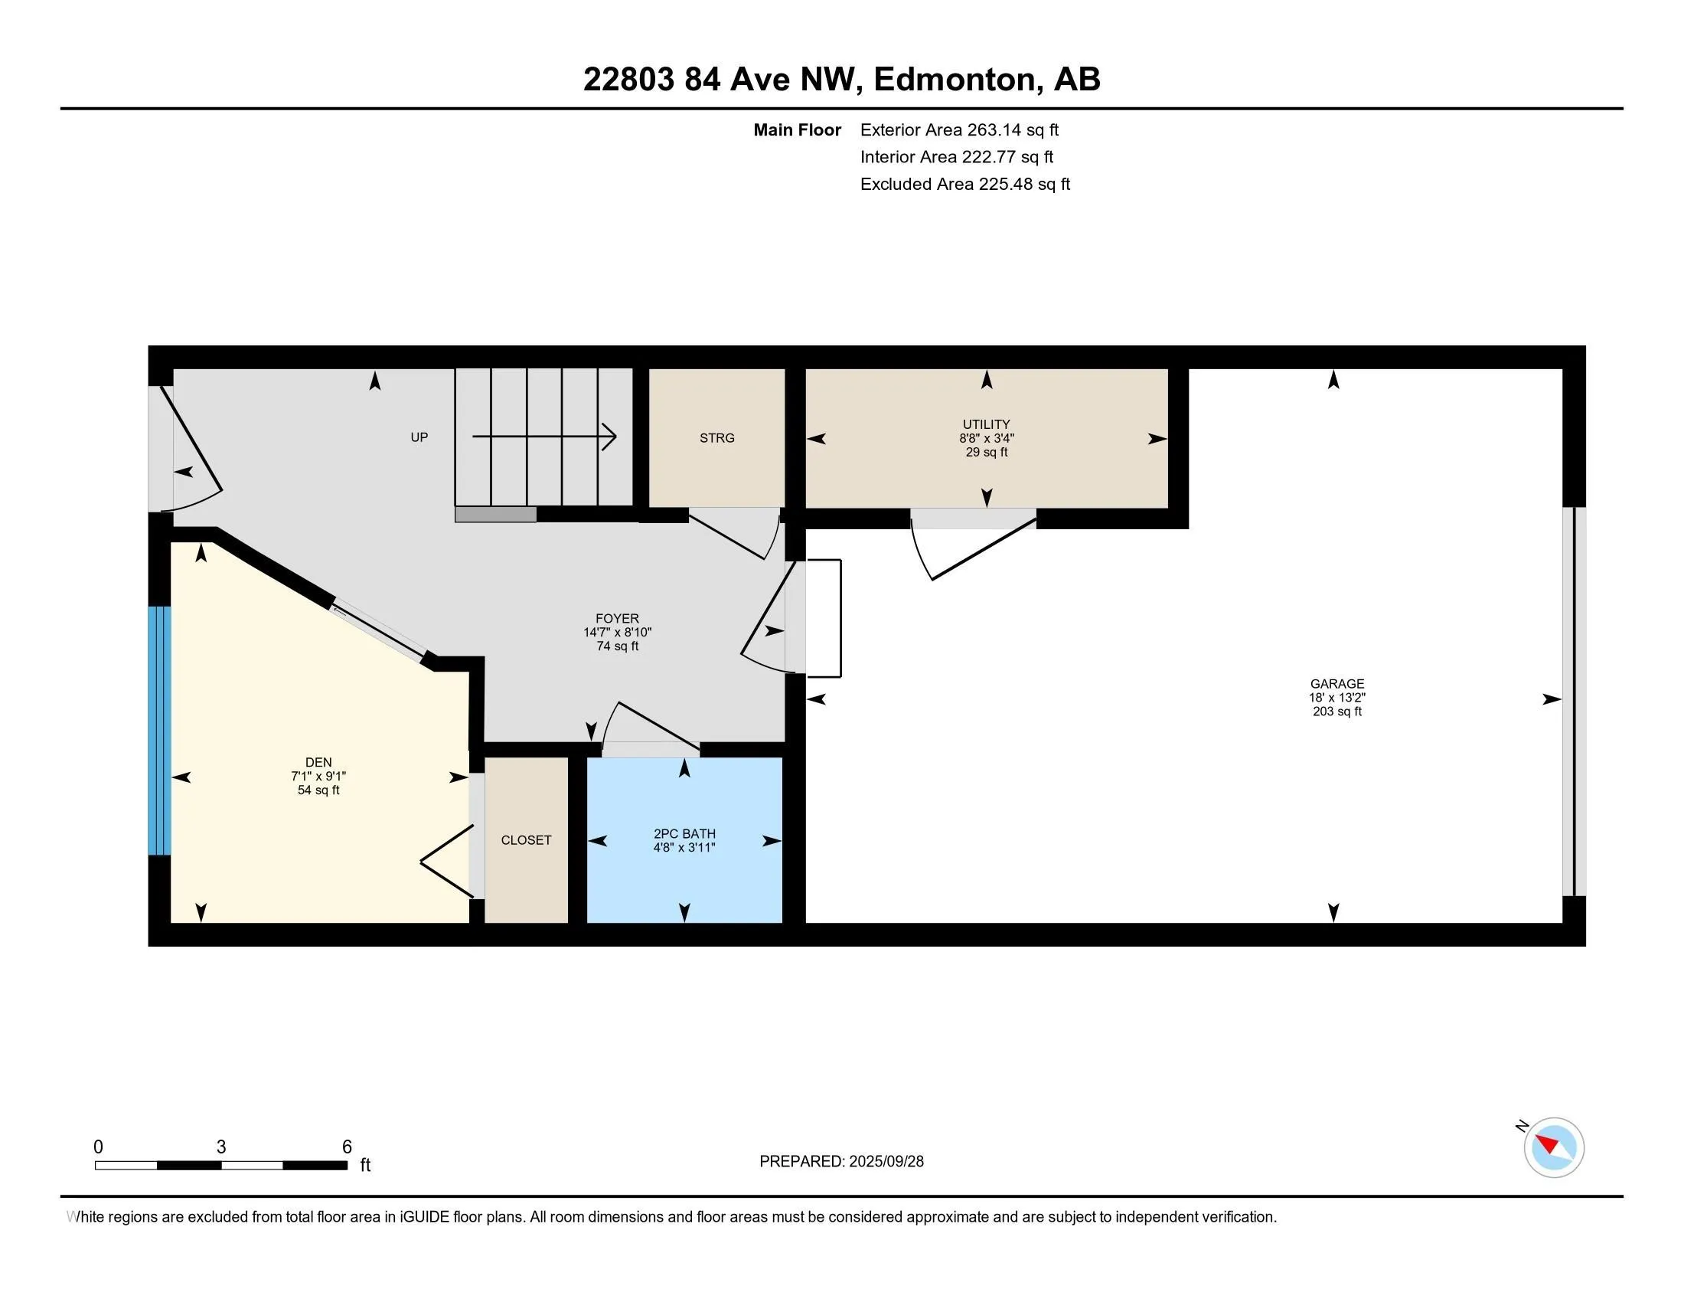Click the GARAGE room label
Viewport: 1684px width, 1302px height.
pyautogui.click(x=1337, y=683)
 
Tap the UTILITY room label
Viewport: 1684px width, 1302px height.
pyautogui.click(x=986, y=424)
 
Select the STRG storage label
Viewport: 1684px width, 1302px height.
pyautogui.click(x=717, y=438)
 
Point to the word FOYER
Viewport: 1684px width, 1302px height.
pyautogui.click(x=617, y=619)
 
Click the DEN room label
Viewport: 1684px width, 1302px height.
pyautogui.click(x=318, y=763)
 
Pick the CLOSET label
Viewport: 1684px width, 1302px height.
pyautogui.click(x=526, y=840)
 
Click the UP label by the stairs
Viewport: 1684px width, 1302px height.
pyautogui.click(x=419, y=437)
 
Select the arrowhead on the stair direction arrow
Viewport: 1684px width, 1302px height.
pyautogui.click(x=609, y=437)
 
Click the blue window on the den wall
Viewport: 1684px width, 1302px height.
pyautogui.click(x=160, y=731)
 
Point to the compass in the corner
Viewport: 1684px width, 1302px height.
pyautogui.click(x=1554, y=1147)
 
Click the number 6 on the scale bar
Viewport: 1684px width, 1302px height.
pyautogui.click(x=347, y=1147)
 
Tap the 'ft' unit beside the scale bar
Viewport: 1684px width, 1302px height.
pyautogui.click(x=365, y=1165)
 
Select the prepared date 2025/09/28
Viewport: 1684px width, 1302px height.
pyautogui.click(x=886, y=1162)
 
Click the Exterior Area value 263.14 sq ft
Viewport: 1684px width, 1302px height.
pyautogui.click(x=1013, y=129)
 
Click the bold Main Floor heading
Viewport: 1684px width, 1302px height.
pyautogui.click(x=798, y=129)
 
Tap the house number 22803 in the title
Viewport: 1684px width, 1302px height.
pyautogui.click(x=628, y=79)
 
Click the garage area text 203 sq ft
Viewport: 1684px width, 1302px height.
pyautogui.click(x=1337, y=712)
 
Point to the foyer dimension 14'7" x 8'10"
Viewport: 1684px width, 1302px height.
pyautogui.click(x=617, y=633)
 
